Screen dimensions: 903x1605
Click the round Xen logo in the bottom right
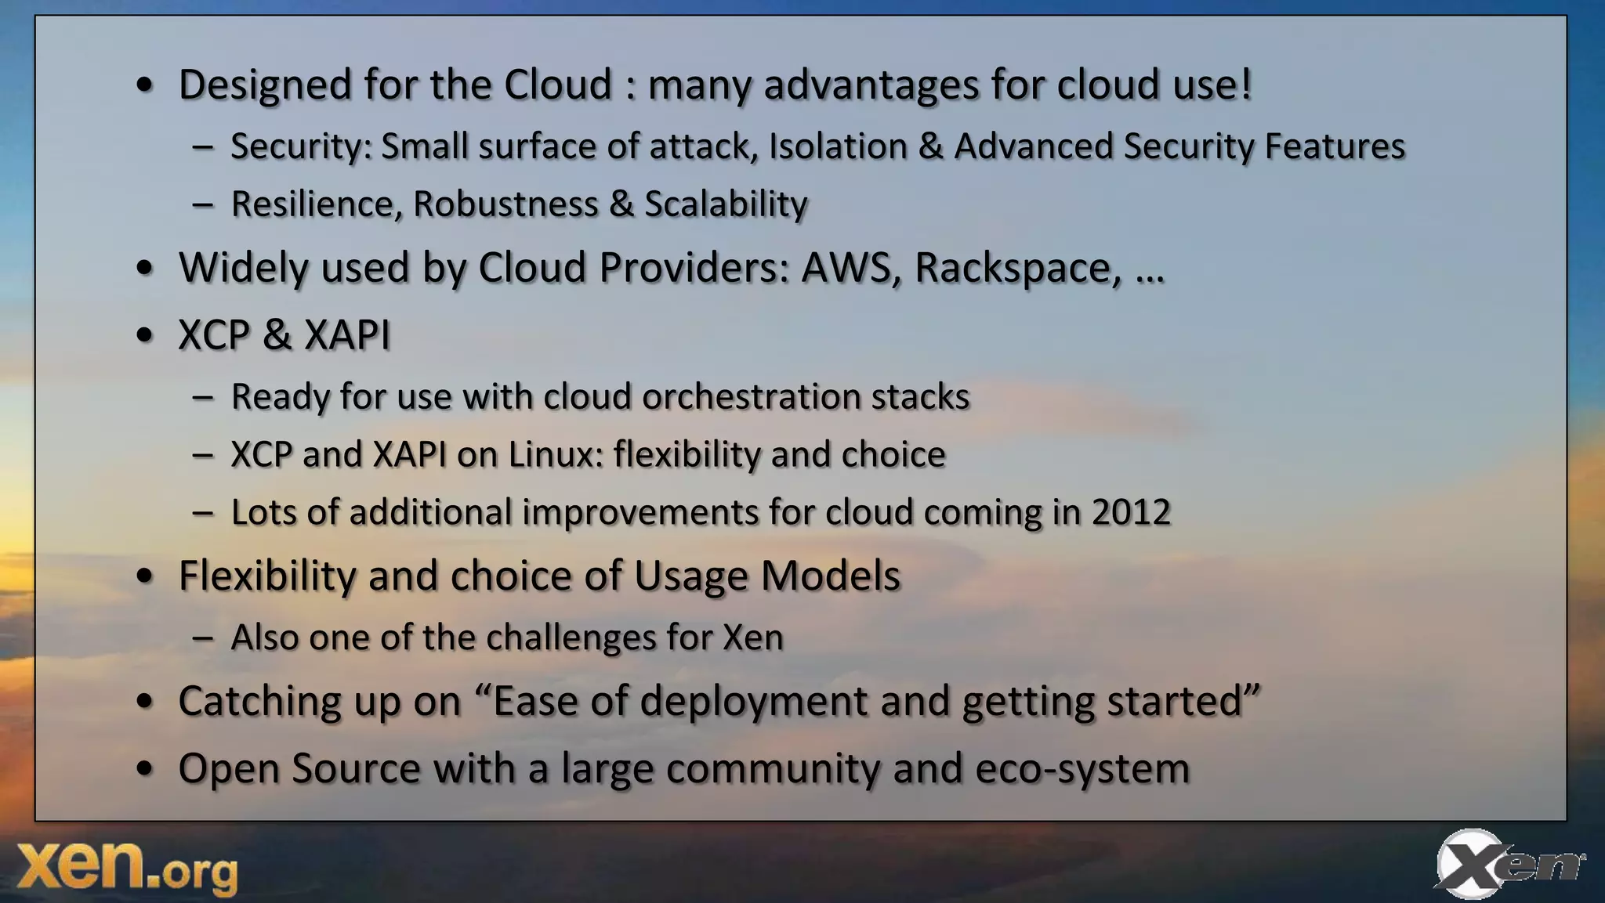(1506, 864)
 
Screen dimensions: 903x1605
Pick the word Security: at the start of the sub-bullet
(301, 146)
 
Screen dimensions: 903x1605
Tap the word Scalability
(726, 204)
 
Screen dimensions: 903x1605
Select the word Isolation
(838, 146)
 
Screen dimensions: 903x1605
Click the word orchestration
(752, 396)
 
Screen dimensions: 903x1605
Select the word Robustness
(505, 204)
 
